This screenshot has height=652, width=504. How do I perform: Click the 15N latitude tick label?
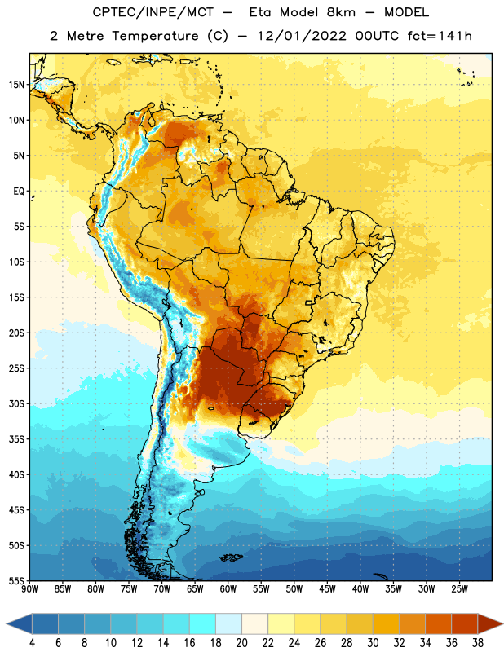point(16,85)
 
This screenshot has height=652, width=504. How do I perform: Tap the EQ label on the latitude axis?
point(19,192)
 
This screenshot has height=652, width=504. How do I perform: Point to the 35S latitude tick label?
point(16,439)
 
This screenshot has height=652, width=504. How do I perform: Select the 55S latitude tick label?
point(16,580)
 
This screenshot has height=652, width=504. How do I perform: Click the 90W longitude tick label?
point(29,589)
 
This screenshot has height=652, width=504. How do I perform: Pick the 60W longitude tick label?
point(228,589)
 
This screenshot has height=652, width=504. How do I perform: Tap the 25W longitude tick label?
point(459,589)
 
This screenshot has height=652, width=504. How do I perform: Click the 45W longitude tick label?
point(327,589)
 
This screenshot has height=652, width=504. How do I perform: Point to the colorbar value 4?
point(32,643)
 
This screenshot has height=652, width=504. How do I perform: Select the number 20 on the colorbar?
point(241,643)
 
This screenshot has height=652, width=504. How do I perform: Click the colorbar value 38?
point(478,643)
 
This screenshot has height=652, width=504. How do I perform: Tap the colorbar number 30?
point(373,643)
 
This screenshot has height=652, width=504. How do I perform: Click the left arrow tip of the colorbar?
point(7,623)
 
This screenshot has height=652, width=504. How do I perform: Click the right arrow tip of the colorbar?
point(503,623)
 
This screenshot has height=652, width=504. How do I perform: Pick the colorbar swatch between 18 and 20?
point(228,623)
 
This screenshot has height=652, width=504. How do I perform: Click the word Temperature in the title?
point(155,36)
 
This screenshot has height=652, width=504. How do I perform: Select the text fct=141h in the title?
point(440,36)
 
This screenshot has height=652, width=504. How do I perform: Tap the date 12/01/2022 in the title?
point(302,36)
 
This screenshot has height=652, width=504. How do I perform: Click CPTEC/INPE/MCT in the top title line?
point(153,12)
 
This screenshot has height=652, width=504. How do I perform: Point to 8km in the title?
point(341,12)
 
